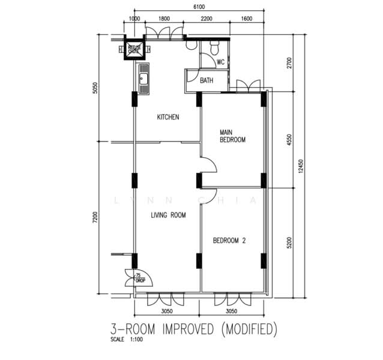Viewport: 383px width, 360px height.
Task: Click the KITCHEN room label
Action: pos(168,117)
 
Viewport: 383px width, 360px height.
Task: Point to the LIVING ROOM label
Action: pos(167,215)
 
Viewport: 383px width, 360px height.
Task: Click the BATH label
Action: pos(207,80)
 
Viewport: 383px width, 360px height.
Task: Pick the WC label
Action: pos(220,61)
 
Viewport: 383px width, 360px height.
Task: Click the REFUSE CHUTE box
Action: pos(134,49)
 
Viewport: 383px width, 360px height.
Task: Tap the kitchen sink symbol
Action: pos(144,79)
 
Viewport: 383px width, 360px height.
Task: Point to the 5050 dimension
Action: pos(94,89)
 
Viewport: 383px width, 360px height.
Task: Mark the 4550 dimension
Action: pos(289,140)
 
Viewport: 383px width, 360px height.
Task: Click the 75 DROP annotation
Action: pos(140,278)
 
